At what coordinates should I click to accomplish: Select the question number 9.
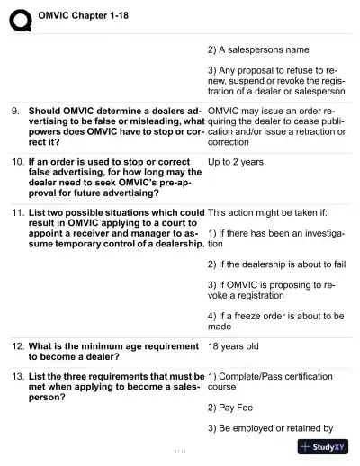pos(15,112)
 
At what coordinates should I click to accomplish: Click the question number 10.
pos(17,162)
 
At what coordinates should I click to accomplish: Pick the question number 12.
pos(17,345)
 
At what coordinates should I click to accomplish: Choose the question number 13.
pos(17,375)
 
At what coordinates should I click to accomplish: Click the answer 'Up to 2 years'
pos(236,162)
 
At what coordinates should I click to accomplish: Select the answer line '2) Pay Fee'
pos(231,408)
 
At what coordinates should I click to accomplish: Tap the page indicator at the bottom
pos(179,451)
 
